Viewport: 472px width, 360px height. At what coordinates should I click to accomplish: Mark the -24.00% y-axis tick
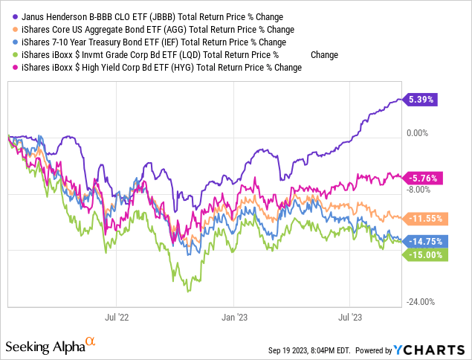[421, 302]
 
